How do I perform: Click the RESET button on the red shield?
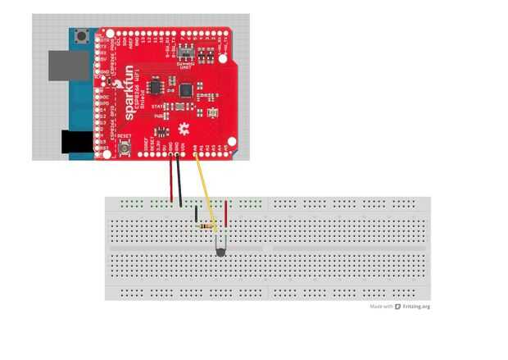tap(125, 148)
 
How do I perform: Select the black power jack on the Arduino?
tap(79, 144)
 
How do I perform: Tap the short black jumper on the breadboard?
tap(196, 215)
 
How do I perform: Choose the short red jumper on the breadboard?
tap(225, 210)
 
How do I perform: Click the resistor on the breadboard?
tap(209, 226)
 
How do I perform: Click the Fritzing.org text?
tap(415, 307)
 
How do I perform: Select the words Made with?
tap(381, 307)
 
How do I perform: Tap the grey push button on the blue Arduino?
tap(82, 36)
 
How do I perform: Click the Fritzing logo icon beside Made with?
tap(397, 307)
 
